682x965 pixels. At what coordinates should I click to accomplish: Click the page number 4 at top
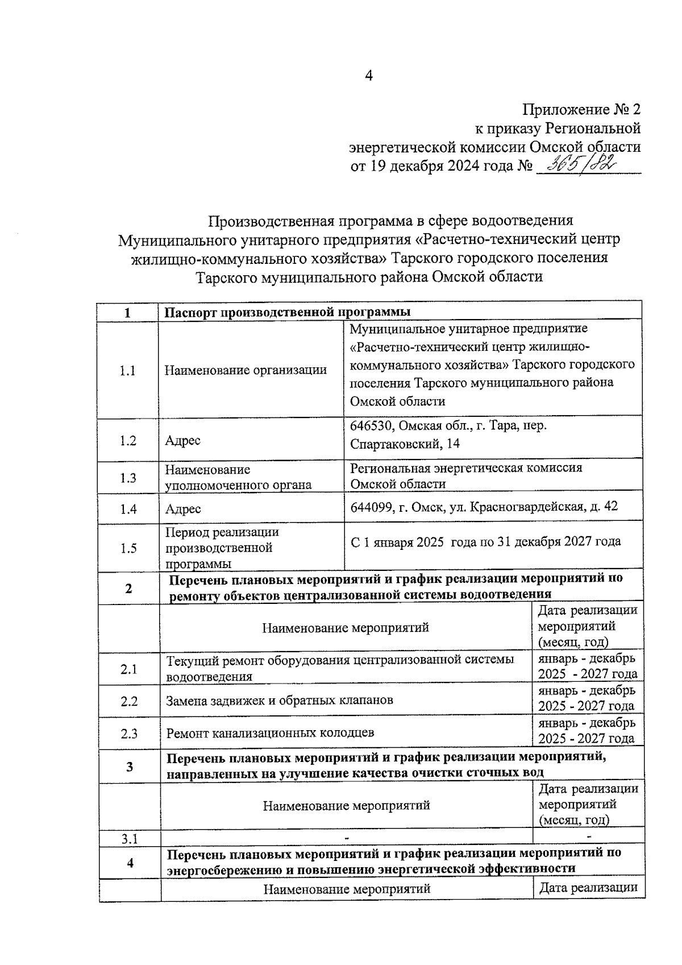click(368, 76)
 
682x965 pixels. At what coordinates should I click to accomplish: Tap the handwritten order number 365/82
click(580, 165)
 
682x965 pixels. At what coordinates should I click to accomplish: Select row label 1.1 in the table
click(128, 371)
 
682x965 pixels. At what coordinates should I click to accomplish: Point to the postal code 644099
click(371, 506)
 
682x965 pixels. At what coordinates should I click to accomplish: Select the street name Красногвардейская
click(526, 506)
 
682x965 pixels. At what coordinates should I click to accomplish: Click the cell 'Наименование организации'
click(246, 371)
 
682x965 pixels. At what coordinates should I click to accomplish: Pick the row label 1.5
click(129, 548)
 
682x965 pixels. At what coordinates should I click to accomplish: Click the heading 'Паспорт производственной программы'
click(288, 312)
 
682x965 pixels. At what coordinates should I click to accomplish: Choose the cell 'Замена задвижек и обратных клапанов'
click(280, 701)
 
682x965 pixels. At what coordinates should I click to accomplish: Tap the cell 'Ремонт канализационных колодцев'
click(270, 733)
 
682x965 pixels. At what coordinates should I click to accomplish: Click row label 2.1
click(129, 669)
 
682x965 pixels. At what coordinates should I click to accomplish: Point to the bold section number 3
click(130, 767)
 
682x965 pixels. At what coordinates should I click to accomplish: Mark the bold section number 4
click(130, 863)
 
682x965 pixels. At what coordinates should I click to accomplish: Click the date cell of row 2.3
click(587, 731)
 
